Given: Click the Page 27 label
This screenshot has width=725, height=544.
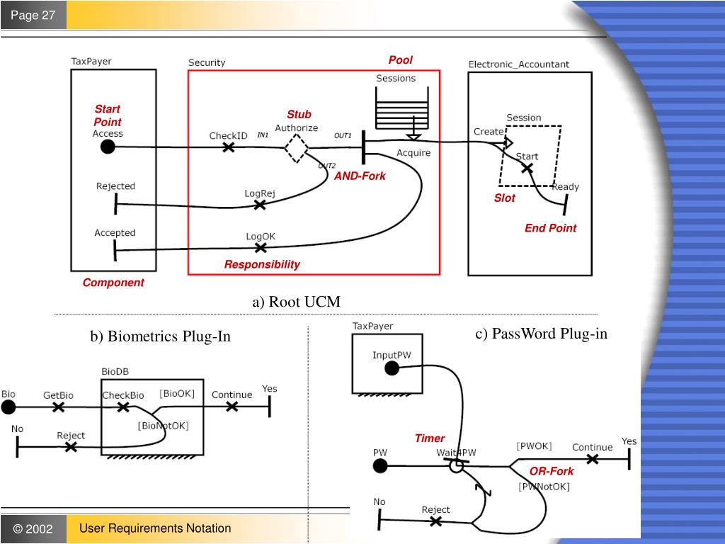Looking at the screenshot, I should [33, 15].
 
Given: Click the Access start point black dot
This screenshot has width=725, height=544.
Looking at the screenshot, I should [108, 147].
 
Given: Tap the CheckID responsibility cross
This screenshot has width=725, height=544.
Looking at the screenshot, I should [228, 147].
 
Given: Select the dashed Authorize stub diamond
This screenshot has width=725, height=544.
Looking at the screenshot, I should [296, 148].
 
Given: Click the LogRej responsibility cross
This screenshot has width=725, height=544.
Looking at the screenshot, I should [260, 204].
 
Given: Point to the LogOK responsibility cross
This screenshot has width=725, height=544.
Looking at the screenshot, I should [261, 247].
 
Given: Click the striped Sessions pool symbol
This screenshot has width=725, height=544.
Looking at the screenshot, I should [401, 113].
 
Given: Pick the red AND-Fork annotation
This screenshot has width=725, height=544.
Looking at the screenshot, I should [360, 176].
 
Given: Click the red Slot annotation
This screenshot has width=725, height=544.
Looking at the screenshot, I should [504, 198].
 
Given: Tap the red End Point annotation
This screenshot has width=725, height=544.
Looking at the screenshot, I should [550, 228].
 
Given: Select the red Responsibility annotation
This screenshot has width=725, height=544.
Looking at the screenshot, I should [262, 264].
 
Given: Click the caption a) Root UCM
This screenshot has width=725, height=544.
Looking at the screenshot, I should [296, 302].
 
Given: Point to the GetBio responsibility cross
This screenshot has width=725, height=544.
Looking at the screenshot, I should [59, 407].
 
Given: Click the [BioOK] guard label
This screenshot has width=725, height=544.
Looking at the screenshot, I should [177, 393].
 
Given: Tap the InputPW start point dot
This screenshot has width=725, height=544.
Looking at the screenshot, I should [392, 368].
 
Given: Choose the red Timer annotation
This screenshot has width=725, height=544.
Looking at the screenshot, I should [430, 438].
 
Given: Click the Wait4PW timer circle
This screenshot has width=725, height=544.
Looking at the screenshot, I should [457, 466].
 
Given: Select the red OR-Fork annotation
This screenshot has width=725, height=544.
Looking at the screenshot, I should [552, 471].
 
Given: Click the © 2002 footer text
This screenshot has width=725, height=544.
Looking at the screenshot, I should [33, 529].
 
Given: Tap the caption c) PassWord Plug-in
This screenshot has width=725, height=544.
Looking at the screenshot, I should [541, 334].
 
